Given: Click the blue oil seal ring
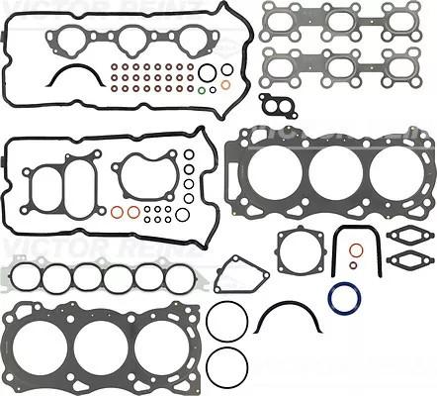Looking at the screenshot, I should click(x=344, y=299).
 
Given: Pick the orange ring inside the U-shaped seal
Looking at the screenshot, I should click(x=353, y=264).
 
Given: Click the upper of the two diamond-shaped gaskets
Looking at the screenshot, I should click(x=405, y=236).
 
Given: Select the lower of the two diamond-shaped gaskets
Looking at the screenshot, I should click(x=405, y=260).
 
